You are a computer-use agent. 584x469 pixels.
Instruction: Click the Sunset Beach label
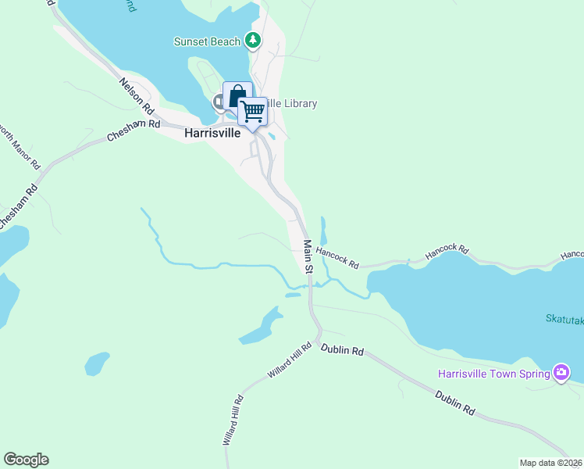click(207, 41)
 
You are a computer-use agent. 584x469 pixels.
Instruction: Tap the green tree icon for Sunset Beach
click(252, 40)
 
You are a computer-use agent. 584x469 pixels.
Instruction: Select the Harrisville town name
click(212, 133)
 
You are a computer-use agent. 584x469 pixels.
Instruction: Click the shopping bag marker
click(237, 96)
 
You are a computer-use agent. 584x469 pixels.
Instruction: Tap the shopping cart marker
click(252, 112)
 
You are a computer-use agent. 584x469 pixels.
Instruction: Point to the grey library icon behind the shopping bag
click(219, 102)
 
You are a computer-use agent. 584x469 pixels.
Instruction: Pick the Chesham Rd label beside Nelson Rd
click(134, 131)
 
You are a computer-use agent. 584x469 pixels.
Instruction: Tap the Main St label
click(308, 256)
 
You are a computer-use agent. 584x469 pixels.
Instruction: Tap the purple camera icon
click(561, 373)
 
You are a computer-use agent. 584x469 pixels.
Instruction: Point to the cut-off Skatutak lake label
click(564, 319)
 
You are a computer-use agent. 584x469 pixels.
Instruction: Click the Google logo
click(26, 460)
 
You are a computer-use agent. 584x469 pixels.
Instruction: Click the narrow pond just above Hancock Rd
click(323, 231)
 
